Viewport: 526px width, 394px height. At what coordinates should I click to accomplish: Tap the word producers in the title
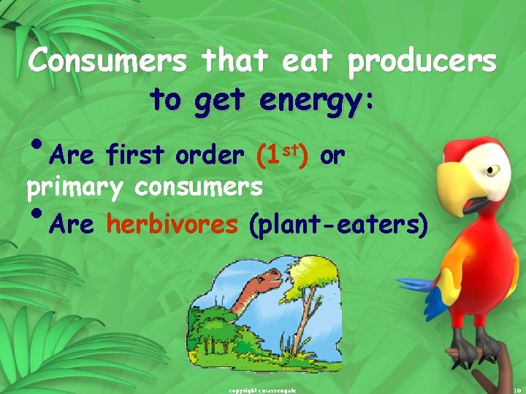point(422,63)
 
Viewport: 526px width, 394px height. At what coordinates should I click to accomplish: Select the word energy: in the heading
point(317,101)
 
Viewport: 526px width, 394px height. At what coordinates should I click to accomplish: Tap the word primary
point(75,188)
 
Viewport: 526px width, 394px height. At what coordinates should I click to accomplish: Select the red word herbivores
point(172,225)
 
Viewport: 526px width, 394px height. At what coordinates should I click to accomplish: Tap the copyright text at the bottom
point(262,390)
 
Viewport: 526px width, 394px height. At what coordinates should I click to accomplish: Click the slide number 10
point(517,390)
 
